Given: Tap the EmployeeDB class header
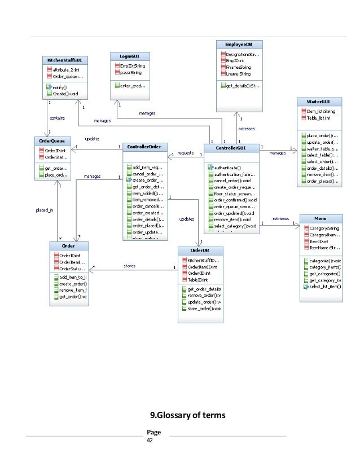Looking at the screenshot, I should click(x=239, y=43).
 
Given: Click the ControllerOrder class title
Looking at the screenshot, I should click(x=144, y=147).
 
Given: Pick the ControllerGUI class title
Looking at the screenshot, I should click(x=231, y=148).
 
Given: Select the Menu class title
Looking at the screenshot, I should click(x=321, y=218).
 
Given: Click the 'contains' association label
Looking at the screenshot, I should click(x=57, y=119).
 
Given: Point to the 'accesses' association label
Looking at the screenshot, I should click(x=246, y=129).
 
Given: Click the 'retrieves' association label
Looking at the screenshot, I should click(x=281, y=217).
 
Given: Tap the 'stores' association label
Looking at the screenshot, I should click(x=129, y=265).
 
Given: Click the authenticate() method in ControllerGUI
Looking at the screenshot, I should click(x=227, y=168).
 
